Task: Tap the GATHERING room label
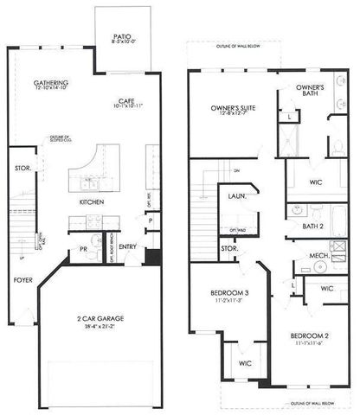tap(51, 81)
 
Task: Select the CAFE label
tap(127, 99)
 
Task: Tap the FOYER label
tap(23, 281)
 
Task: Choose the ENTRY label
tap(128, 246)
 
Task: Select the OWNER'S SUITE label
tap(230, 107)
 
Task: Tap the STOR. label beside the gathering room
tap(22, 169)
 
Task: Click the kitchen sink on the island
tap(90, 182)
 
